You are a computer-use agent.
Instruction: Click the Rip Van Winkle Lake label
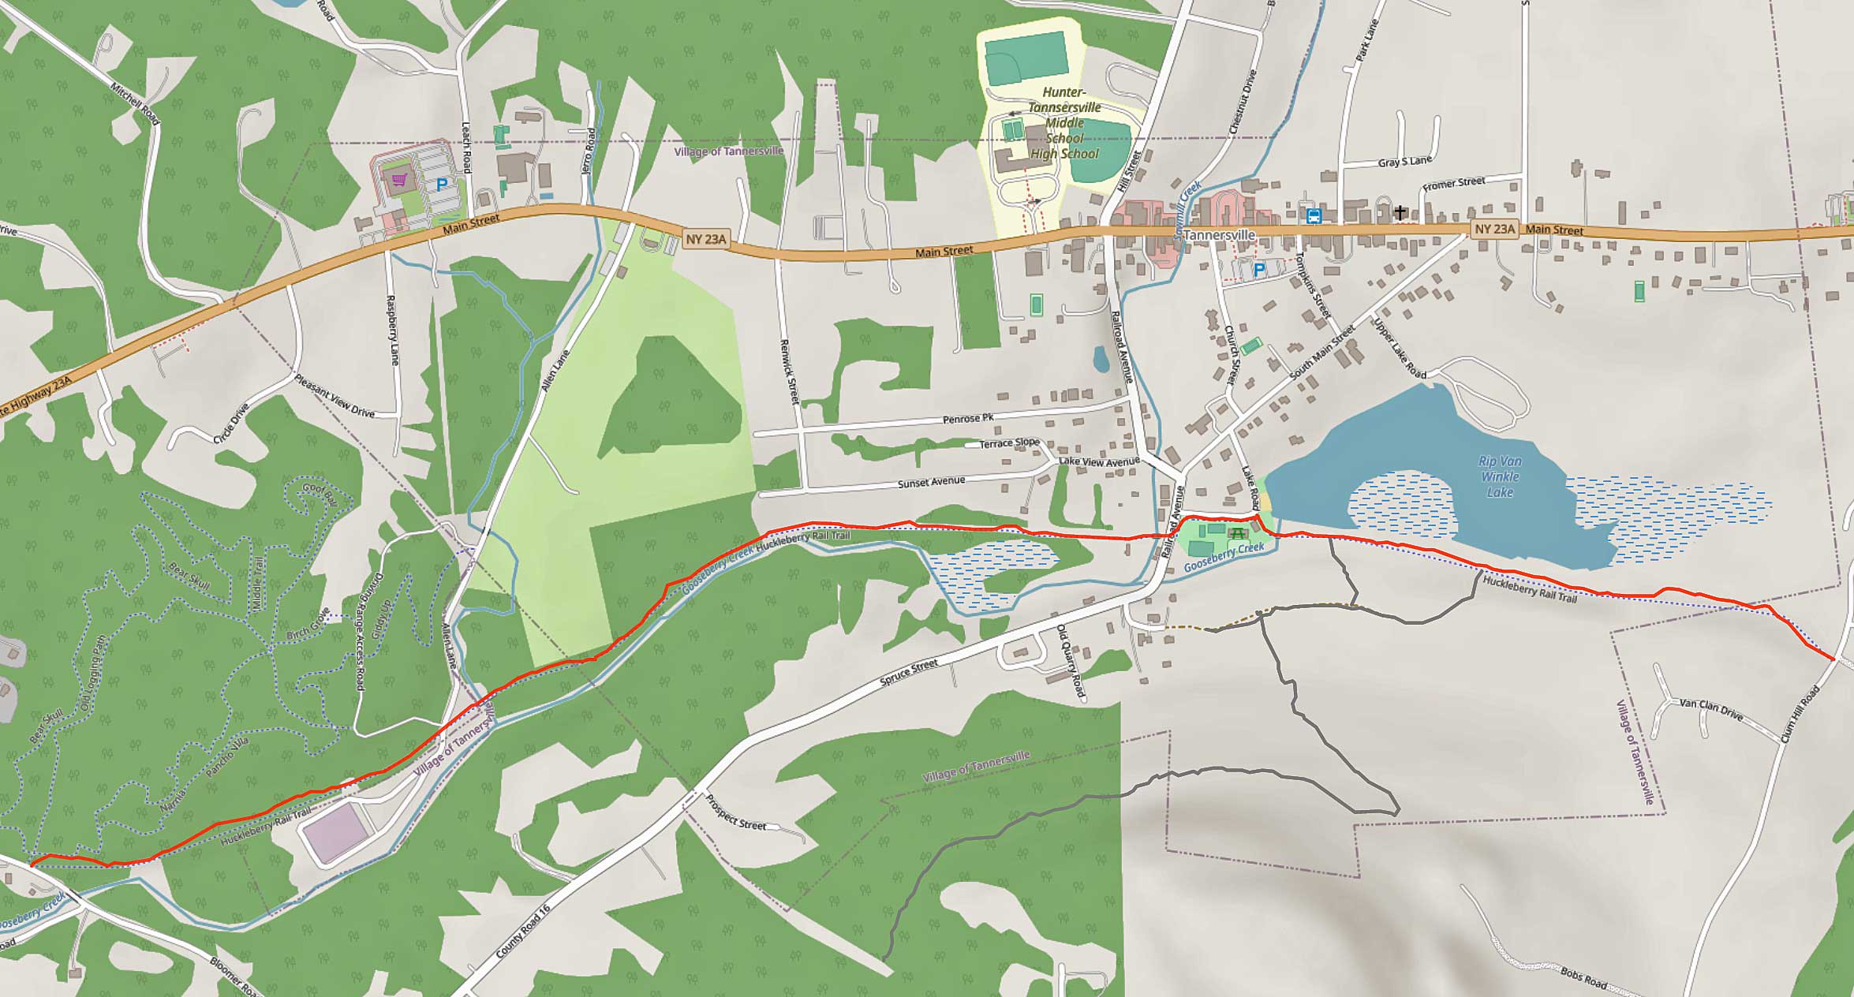(1500, 476)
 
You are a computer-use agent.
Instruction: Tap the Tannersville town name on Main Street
(1219, 235)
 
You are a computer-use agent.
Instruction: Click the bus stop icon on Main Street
(1314, 215)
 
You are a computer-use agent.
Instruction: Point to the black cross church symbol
(1400, 212)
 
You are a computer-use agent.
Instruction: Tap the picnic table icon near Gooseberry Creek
(1236, 534)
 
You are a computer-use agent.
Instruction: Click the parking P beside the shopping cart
(442, 185)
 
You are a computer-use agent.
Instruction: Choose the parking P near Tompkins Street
(1259, 270)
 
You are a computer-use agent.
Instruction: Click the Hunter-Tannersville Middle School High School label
(1064, 123)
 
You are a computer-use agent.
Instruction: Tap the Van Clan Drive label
(1710, 709)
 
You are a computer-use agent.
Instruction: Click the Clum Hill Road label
(1801, 714)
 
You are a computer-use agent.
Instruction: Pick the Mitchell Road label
(135, 103)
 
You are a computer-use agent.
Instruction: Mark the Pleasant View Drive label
(335, 395)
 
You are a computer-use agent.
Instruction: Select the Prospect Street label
(735, 813)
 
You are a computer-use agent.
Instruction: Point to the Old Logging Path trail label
(92, 672)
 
